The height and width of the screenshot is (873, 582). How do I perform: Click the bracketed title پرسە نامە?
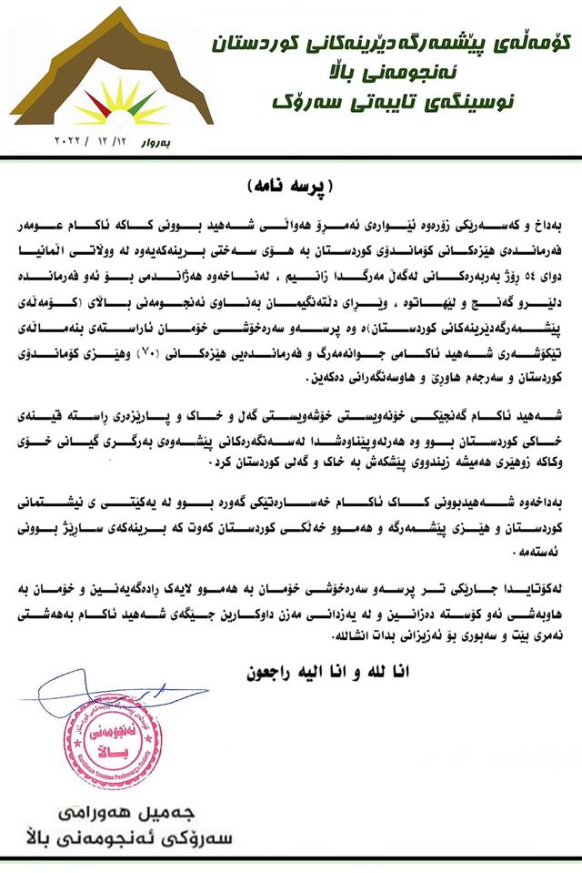290,185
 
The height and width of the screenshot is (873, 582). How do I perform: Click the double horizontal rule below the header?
291,160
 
